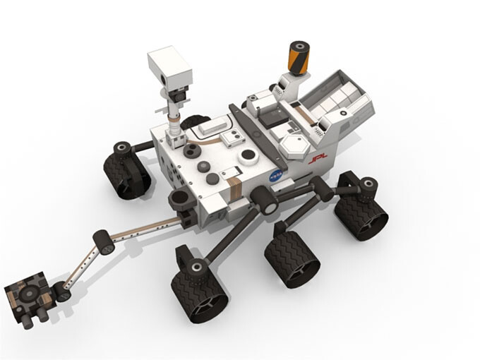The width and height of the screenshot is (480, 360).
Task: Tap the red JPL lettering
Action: point(316,161)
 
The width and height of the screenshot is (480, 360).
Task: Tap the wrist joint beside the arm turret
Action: point(63,291)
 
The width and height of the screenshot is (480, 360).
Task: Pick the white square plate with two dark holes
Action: point(213,128)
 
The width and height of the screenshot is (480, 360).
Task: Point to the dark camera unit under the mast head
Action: point(177,94)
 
